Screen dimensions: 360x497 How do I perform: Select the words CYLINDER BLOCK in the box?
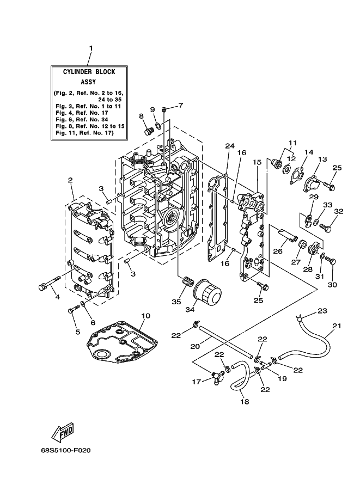[x=89, y=72]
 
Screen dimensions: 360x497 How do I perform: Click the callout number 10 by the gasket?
[x=145, y=316]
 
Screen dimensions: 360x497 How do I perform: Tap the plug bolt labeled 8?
[x=149, y=131]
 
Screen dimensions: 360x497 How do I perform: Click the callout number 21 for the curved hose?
[x=337, y=325]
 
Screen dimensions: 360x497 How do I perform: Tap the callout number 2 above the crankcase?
[x=70, y=180]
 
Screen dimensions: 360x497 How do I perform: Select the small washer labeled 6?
[x=83, y=304]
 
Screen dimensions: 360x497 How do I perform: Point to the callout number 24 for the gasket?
[x=230, y=146]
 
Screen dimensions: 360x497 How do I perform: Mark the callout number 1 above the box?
[x=91, y=48]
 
